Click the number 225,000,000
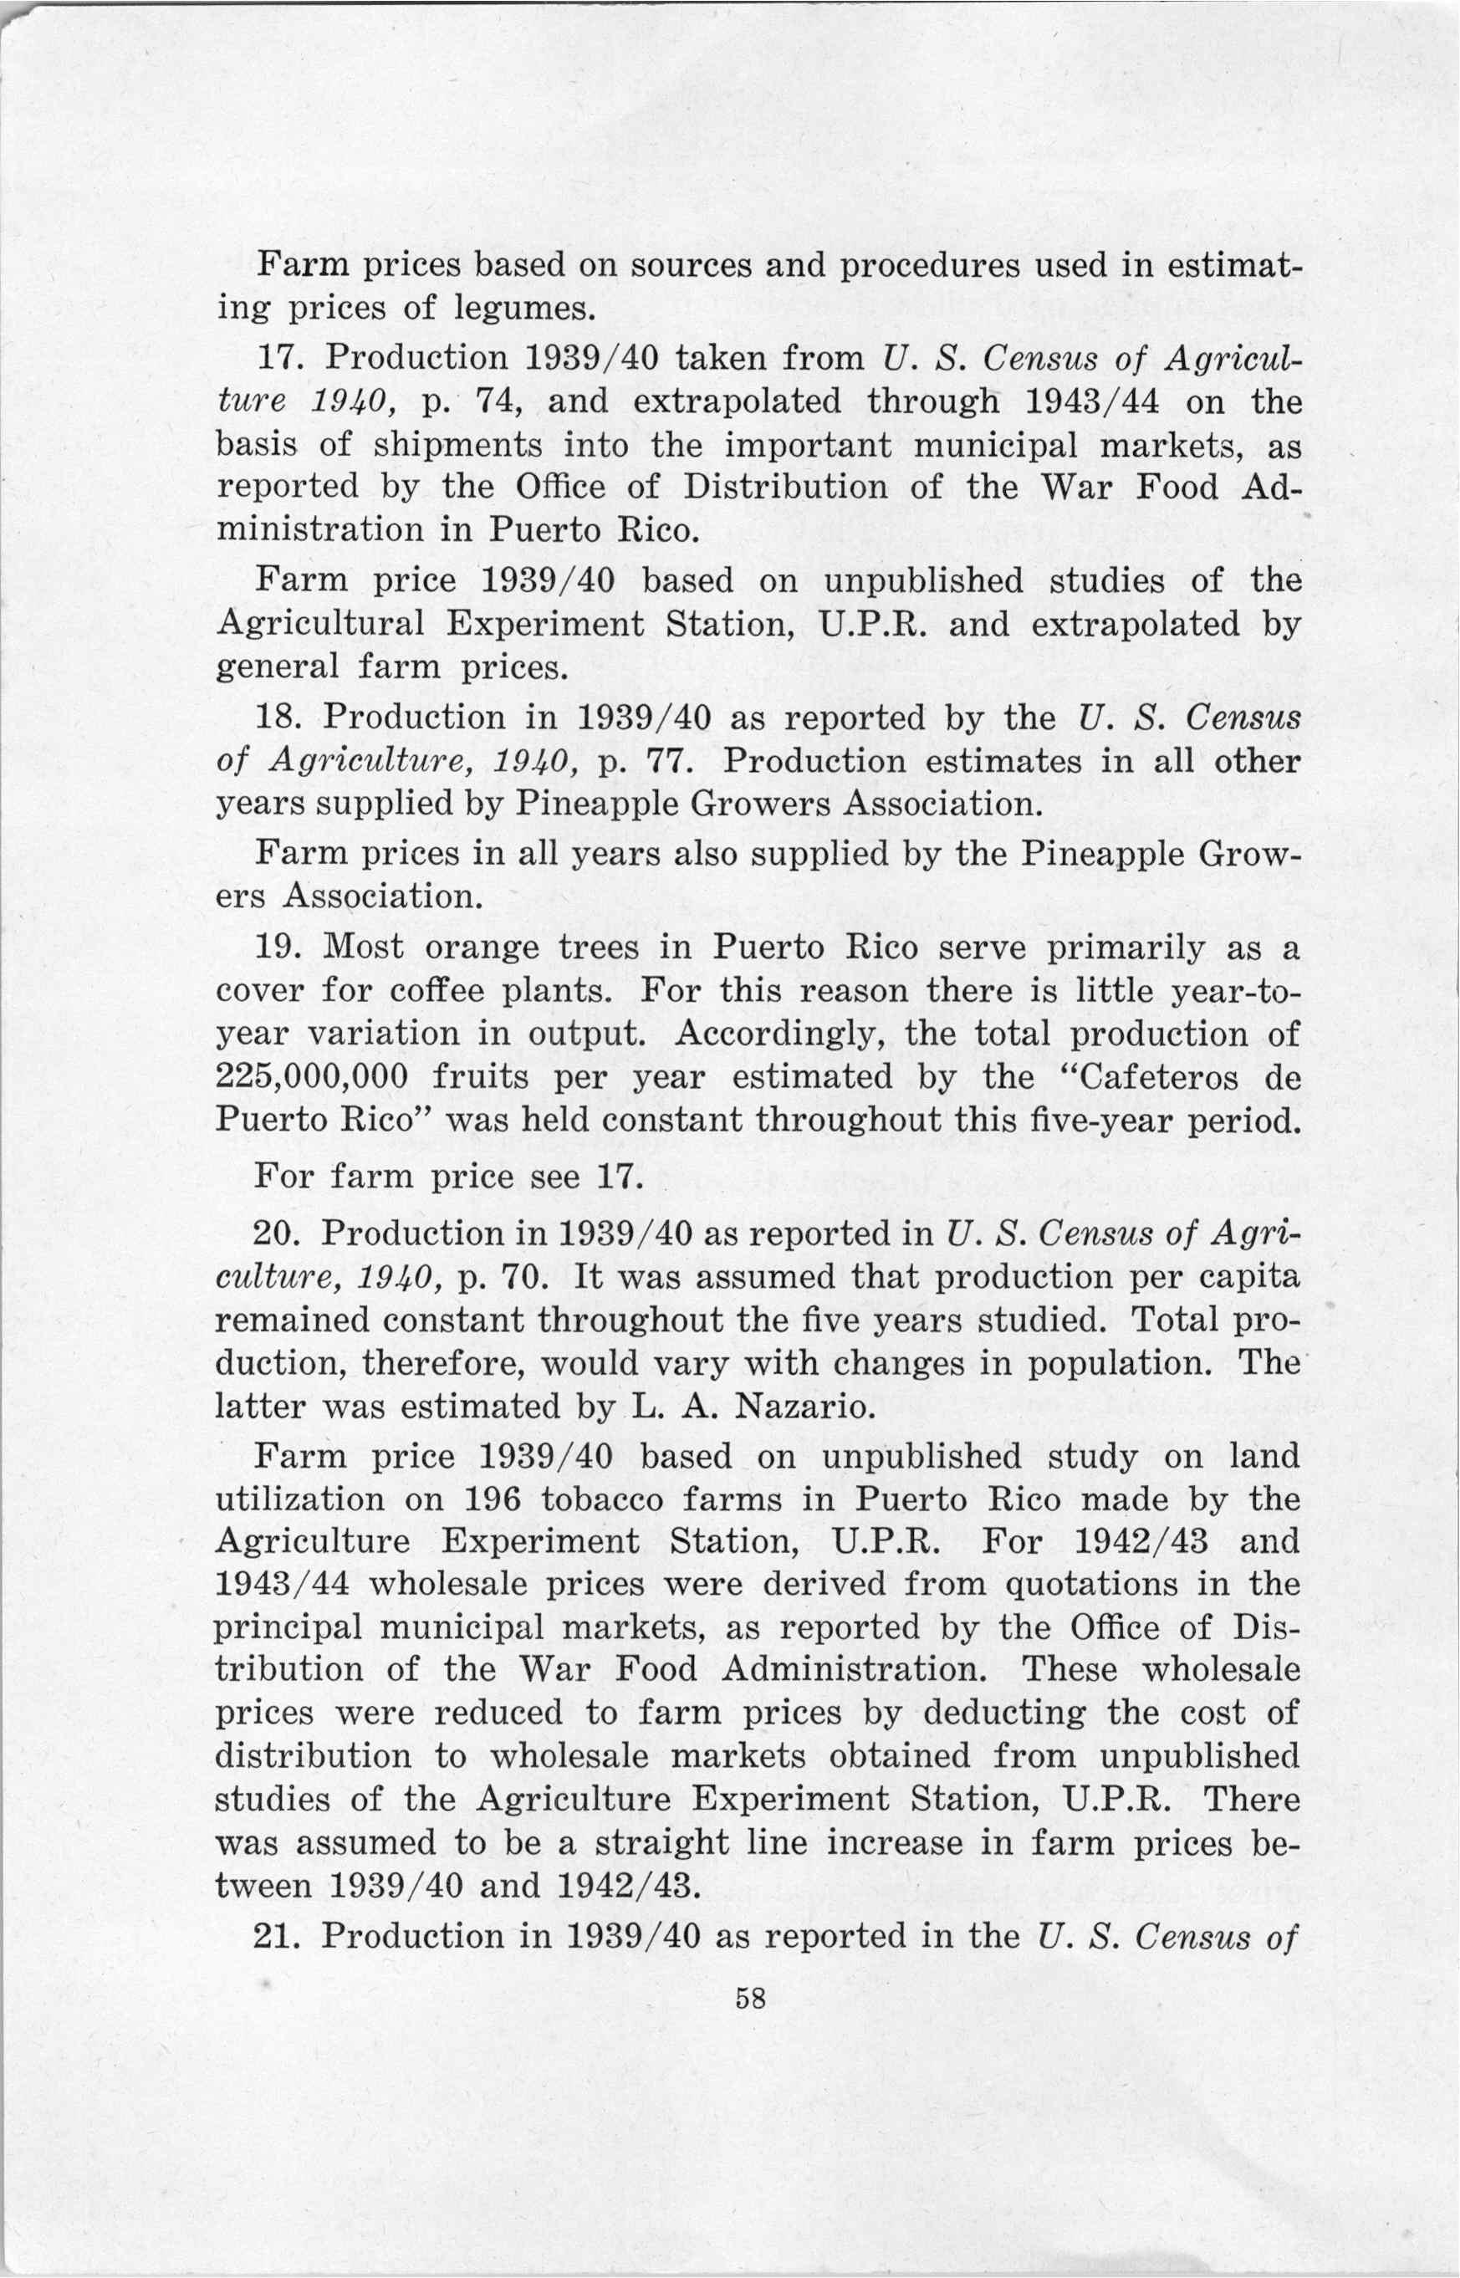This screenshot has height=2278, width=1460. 312,1078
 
